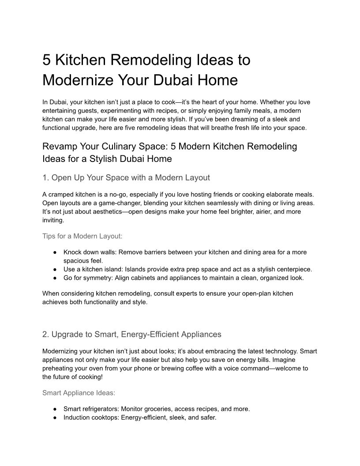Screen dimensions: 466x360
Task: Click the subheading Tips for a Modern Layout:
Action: [x=82, y=236]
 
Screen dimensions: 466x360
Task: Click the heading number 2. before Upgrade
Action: [x=46, y=334]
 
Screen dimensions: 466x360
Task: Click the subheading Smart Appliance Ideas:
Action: [x=79, y=392]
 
